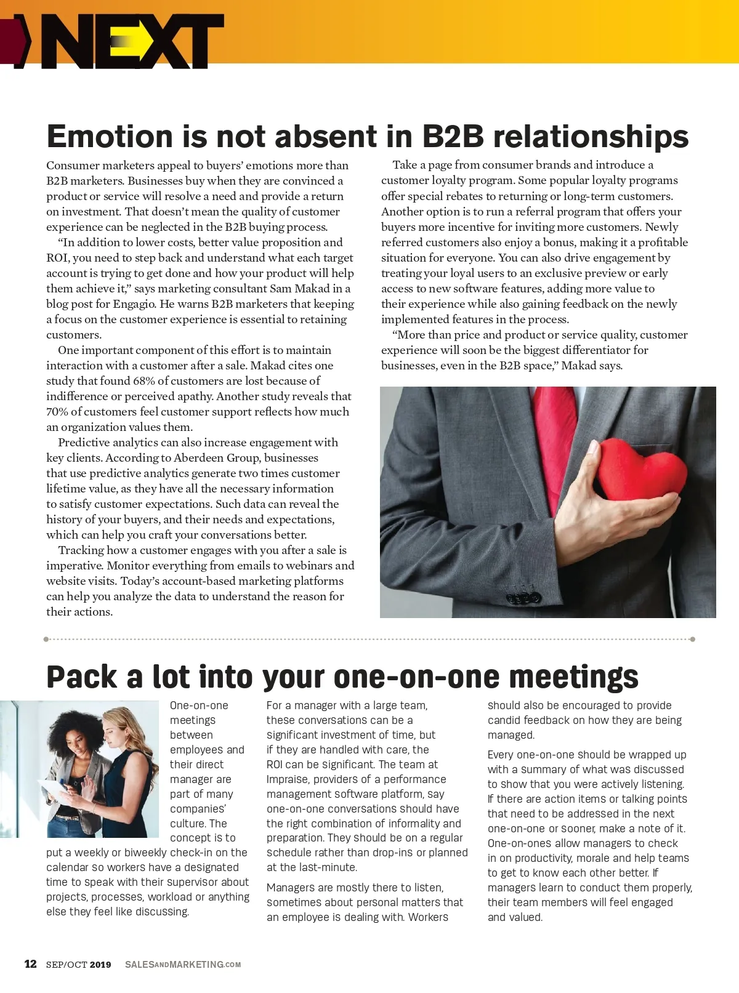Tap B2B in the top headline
point(453,136)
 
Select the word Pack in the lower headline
point(81,677)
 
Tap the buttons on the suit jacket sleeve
point(523,597)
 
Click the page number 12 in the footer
point(30,964)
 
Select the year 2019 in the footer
point(100,965)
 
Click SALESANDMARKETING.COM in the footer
point(183,965)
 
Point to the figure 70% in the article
point(57,412)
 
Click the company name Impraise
point(288,779)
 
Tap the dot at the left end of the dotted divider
point(46,639)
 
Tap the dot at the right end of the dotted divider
point(693,639)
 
